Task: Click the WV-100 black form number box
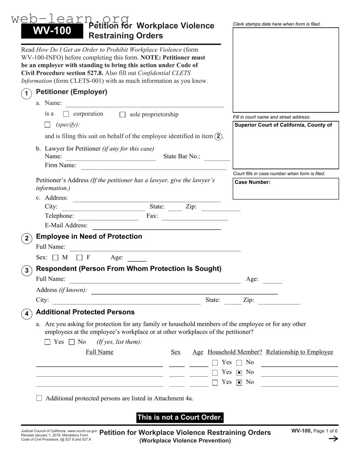tap(52, 31)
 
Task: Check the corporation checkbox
tap(66, 114)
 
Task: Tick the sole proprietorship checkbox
tap(123, 115)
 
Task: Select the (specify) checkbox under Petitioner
tap(48, 125)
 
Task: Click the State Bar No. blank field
tap(217, 157)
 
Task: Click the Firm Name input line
tap(153, 166)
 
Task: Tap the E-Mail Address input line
tap(156, 226)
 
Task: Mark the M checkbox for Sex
tap(55, 258)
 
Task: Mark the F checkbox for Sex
tap(80, 258)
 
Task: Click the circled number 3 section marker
tap(27, 271)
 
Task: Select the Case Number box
tap(286, 189)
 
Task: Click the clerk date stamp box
tap(286, 70)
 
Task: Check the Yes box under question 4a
tap(48, 342)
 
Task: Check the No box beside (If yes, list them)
tap(72, 342)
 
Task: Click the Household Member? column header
tap(235, 352)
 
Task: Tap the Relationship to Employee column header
tap(299, 352)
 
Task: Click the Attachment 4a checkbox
tap(39, 398)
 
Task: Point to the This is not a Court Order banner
tap(180, 418)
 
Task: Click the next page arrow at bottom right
tap(333, 439)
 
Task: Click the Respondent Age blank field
tap(272, 280)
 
